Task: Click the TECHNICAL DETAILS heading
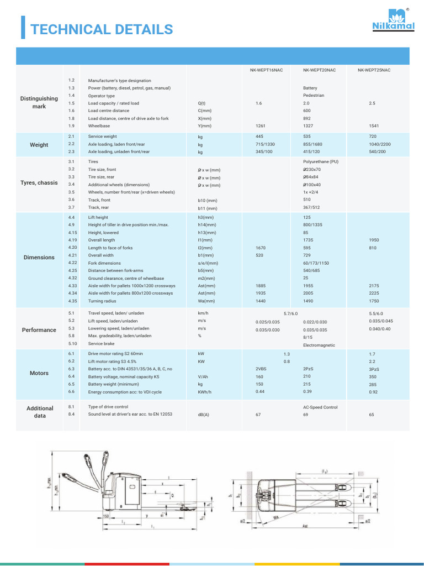click(x=102, y=29)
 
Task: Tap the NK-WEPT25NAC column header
click(x=373, y=70)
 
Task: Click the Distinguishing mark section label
click(x=39, y=102)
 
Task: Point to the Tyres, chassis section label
click(x=39, y=183)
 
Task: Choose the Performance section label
click(x=39, y=330)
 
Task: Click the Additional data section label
click(x=40, y=412)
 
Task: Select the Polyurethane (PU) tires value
click(x=320, y=161)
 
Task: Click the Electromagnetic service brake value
click(x=319, y=345)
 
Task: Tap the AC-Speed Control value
click(x=320, y=407)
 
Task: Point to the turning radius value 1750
click(x=375, y=301)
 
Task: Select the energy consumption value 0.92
click(x=374, y=391)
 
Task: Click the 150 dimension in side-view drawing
click(x=106, y=517)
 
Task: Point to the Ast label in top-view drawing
click(x=305, y=527)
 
